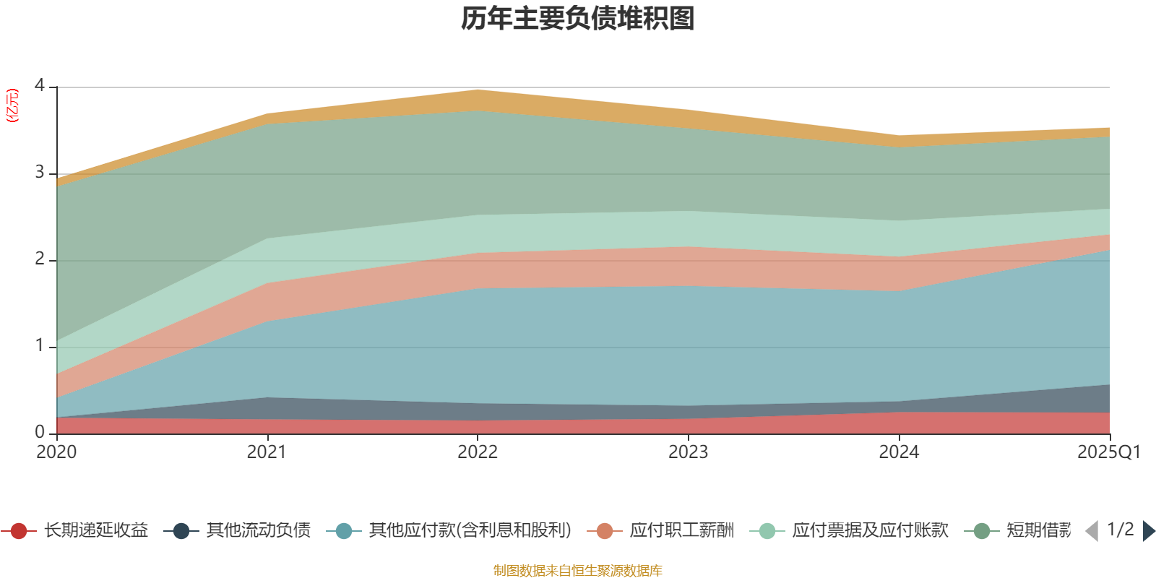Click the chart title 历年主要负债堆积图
[578, 19]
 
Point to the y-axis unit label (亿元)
[12, 105]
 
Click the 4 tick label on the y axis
[40, 86]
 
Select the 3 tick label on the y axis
[40, 173]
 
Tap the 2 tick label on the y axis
[40, 259]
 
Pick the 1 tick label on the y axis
[40, 346]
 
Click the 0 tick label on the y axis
[40, 432]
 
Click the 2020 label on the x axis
[56, 452]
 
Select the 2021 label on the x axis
[267, 452]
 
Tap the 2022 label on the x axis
[478, 452]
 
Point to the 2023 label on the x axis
[688, 452]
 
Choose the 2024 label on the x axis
[899, 452]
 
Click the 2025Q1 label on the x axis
[1108, 452]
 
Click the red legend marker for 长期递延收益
[19, 531]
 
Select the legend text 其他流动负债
[258, 531]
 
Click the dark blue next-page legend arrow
[1148, 531]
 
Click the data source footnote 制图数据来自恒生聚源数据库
[578, 571]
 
